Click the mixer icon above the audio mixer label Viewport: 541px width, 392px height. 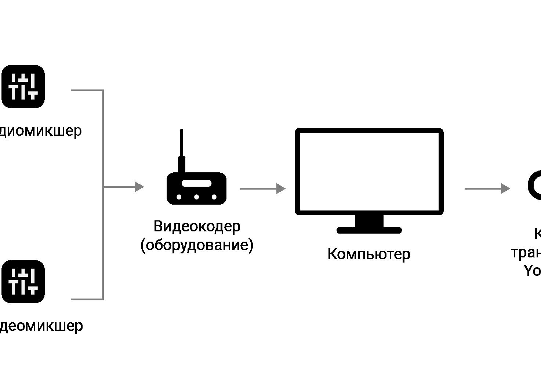tap(23, 87)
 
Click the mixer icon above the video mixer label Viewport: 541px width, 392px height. tap(23, 281)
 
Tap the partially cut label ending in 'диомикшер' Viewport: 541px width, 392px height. tap(40, 131)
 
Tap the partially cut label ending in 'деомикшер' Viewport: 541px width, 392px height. tap(41, 326)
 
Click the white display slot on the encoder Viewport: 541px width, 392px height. tap(197, 183)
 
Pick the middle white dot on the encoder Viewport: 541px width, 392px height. tap(197, 197)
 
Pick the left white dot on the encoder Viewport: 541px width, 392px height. tap(179, 197)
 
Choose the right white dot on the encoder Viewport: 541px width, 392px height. tap(214, 197)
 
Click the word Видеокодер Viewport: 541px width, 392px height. tap(197, 226)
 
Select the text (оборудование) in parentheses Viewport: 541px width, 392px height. tap(197, 245)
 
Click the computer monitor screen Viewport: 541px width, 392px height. tap(369, 171)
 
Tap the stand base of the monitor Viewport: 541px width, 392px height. tap(369, 230)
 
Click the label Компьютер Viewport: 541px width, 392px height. tap(369, 254)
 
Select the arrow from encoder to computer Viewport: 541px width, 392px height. tap(262, 188)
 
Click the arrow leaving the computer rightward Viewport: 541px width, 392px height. tap(487, 188)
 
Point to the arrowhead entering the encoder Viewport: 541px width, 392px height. tap(139, 187)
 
